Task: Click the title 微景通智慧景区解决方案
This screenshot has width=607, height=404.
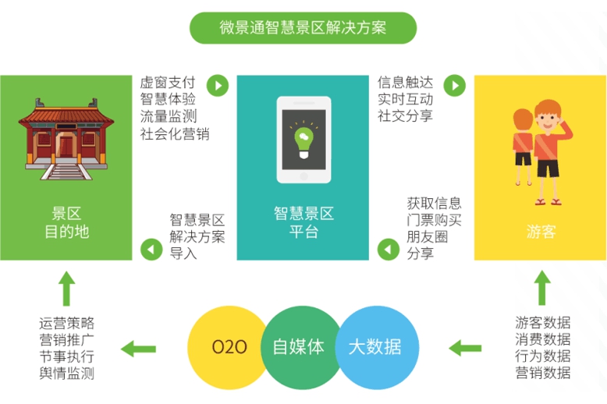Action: click(x=303, y=28)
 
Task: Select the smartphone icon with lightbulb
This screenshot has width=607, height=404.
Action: click(x=303, y=140)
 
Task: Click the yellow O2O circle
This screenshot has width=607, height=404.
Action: click(x=229, y=347)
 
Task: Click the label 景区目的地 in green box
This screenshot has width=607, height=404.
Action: click(x=66, y=221)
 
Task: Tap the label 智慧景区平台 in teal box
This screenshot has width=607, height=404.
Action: click(x=303, y=221)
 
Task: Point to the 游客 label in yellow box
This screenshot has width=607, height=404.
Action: click(x=541, y=232)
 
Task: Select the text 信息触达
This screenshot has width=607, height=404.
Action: click(x=405, y=82)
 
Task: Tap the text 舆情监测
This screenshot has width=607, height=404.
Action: click(x=66, y=374)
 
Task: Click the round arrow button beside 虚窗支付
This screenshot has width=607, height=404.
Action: click(x=218, y=85)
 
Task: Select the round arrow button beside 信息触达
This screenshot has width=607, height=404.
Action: click(x=455, y=85)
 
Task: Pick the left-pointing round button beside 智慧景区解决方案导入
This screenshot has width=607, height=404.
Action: click(x=151, y=250)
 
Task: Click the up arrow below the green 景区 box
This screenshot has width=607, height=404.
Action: click(x=67, y=289)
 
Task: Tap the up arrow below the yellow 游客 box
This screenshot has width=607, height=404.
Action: click(x=541, y=289)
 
